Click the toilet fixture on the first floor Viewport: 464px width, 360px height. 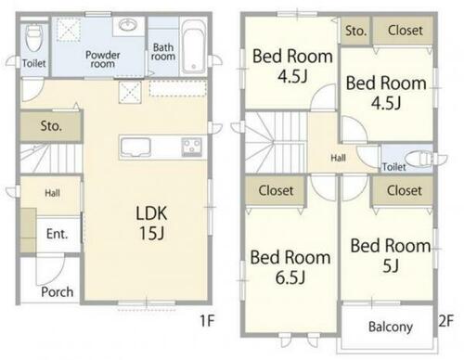pyautogui.click(x=33, y=38)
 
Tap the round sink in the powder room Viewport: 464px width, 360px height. pyautogui.click(x=128, y=25)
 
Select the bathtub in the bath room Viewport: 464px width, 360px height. pyautogui.click(x=193, y=47)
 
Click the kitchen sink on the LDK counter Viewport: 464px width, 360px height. pyautogui.click(x=135, y=147)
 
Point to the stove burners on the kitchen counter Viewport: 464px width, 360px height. pyautogui.click(x=192, y=147)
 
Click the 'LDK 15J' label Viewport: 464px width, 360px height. pyautogui.click(x=151, y=223)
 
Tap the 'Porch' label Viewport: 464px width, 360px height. pyautogui.click(x=58, y=292)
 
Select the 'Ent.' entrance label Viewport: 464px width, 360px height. pyautogui.click(x=57, y=234)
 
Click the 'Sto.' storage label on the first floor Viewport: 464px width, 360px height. pyautogui.click(x=51, y=126)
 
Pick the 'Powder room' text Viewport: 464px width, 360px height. pyautogui.click(x=103, y=59)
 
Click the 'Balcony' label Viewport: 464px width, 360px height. pyautogui.click(x=391, y=327)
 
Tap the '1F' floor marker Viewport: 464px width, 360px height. pyautogui.click(x=207, y=320)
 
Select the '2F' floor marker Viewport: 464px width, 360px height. pyautogui.click(x=446, y=321)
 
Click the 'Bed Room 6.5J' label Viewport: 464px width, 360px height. pyautogui.click(x=290, y=267)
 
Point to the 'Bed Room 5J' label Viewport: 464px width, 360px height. pyautogui.click(x=391, y=255)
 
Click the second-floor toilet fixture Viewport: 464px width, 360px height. pyautogui.click(x=419, y=159)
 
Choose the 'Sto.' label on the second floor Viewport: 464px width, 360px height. pyautogui.click(x=355, y=31)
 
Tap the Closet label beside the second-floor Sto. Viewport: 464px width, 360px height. pyautogui.click(x=406, y=31)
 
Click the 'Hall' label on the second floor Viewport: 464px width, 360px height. pyautogui.click(x=338, y=158)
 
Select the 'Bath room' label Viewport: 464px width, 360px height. pyautogui.click(x=163, y=52)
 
